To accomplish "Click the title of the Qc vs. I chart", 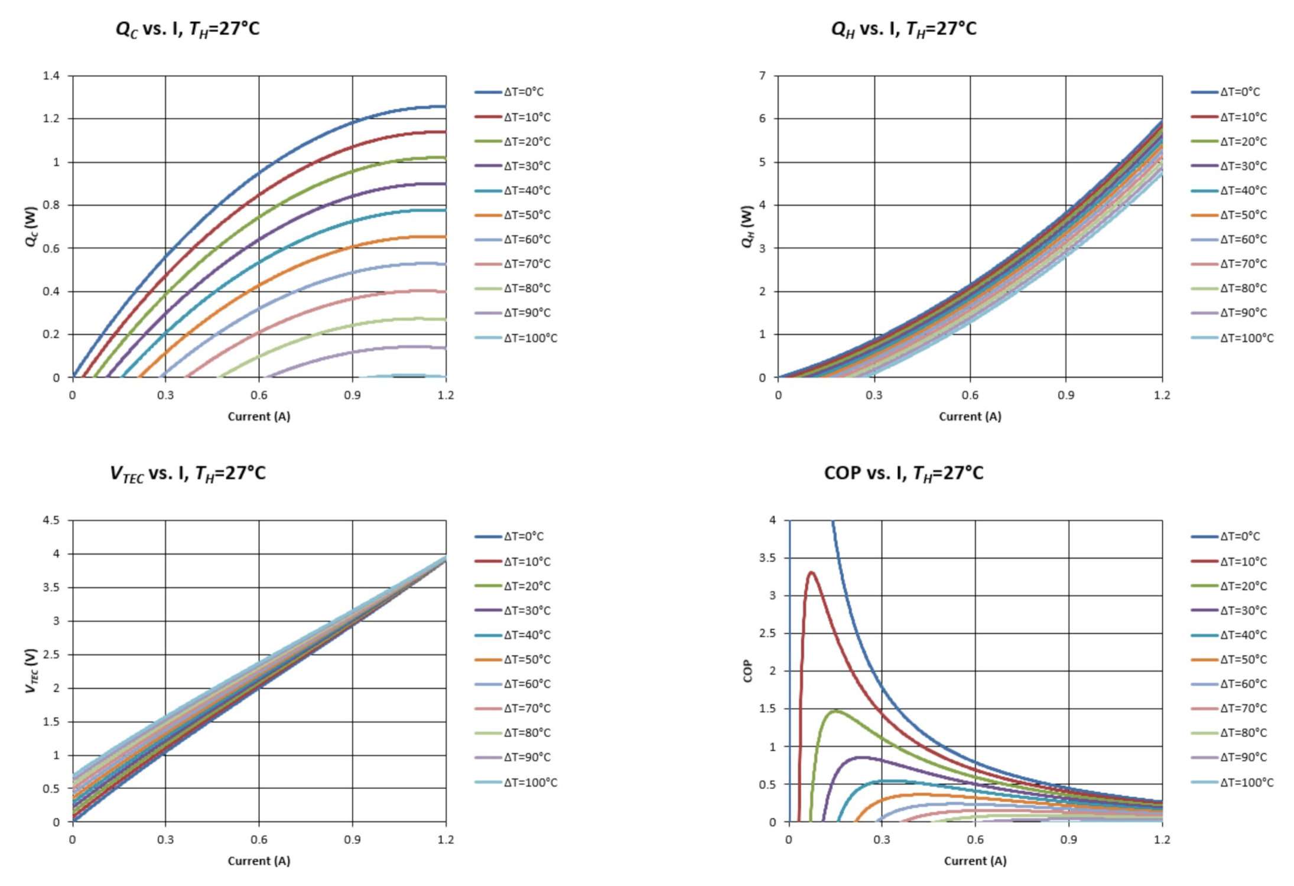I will click(x=187, y=29).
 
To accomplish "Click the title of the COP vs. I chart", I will click(x=903, y=473).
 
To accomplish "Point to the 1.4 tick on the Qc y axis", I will click(x=51, y=76).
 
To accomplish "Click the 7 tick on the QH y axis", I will click(x=762, y=76).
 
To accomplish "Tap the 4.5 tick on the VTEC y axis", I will click(x=51, y=520).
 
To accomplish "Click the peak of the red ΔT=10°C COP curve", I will click(x=811, y=572).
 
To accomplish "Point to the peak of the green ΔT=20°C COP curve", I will click(x=835, y=711).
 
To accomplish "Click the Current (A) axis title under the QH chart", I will click(x=970, y=416).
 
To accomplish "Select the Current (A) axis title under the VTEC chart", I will click(x=259, y=861).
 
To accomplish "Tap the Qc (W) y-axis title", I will click(x=31, y=226).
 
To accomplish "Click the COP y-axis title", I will click(x=747, y=671).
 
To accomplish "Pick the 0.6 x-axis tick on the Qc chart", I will click(x=259, y=395).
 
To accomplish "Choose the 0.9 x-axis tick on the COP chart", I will click(x=1068, y=839).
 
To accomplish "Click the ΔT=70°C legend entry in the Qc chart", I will click(x=526, y=264).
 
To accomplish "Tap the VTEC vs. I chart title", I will click(x=187, y=473).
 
